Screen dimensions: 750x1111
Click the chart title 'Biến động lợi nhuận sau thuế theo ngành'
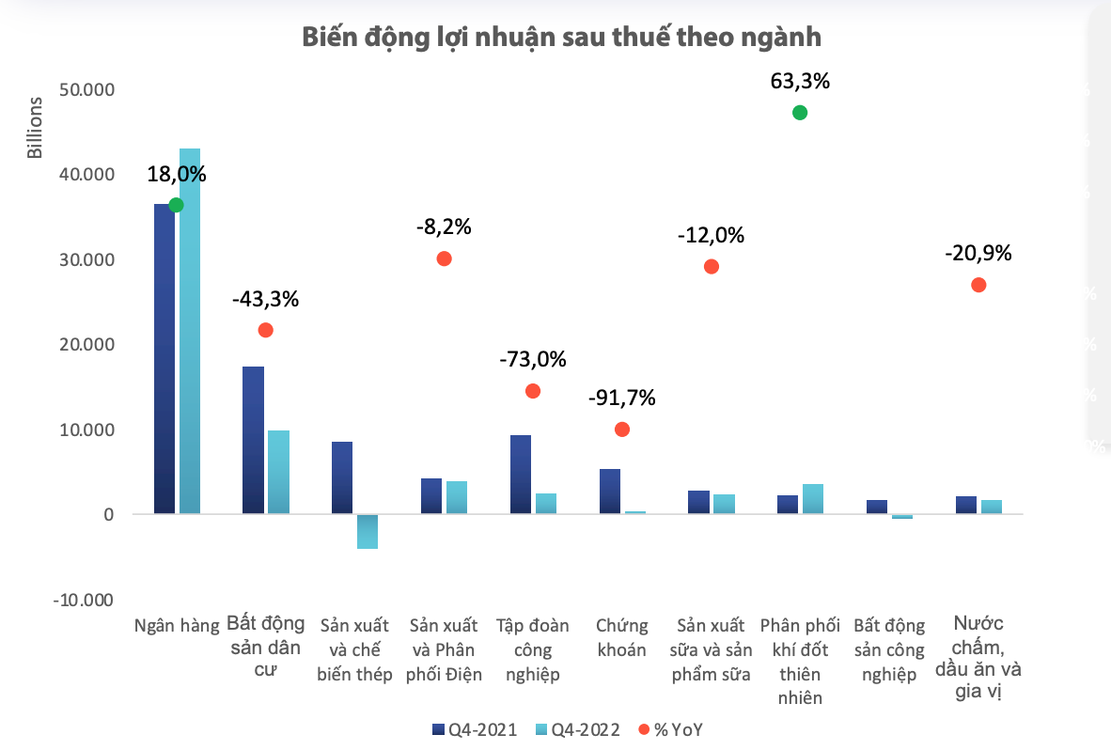[x=561, y=38]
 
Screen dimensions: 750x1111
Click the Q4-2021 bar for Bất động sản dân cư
[x=253, y=440]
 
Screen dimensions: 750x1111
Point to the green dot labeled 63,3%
[x=800, y=113]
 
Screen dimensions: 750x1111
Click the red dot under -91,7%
[x=621, y=430]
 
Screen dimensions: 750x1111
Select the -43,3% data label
[x=265, y=300]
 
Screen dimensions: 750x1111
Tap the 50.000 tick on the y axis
[x=86, y=90]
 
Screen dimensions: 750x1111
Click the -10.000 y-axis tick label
[x=85, y=601]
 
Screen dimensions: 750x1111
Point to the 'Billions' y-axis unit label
[x=35, y=128]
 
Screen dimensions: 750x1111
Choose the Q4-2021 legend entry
[x=475, y=729]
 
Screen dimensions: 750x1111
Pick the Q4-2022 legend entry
[x=577, y=729]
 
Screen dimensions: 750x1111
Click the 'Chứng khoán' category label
[x=621, y=637]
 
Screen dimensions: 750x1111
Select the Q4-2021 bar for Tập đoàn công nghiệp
[x=521, y=475]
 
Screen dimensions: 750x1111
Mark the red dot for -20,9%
[x=978, y=285]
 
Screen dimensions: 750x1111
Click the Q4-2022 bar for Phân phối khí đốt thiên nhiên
[x=812, y=499]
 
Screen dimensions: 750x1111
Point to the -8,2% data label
[x=444, y=227]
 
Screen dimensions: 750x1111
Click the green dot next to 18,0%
[x=176, y=205]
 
